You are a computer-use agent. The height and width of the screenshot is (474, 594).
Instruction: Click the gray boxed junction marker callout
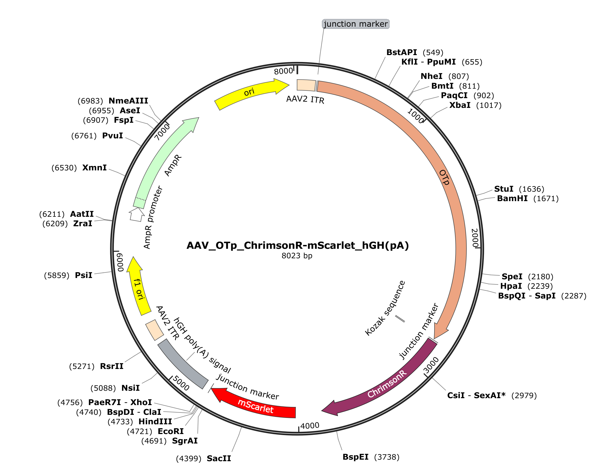[x=355, y=24]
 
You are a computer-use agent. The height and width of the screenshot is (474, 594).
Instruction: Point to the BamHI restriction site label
[x=512, y=199]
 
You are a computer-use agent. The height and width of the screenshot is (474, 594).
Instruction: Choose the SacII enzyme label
[x=219, y=459]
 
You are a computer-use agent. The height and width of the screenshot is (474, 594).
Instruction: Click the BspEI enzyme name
[x=355, y=457]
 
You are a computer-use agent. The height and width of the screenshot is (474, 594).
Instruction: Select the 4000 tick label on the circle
[x=310, y=426]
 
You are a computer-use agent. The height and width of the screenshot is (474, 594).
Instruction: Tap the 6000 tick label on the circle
[x=120, y=262]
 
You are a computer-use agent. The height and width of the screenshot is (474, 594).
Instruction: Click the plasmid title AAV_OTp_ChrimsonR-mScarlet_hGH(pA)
[x=298, y=245]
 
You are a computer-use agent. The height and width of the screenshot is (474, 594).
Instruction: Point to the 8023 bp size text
[x=297, y=256]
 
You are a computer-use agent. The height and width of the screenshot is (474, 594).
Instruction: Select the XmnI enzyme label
[x=94, y=168]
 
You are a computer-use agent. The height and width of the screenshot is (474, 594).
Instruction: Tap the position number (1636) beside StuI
[x=531, y=189]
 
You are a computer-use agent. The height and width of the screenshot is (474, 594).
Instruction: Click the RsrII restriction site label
[x=112, y=366]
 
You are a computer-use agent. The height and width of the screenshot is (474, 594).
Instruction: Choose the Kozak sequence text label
[x=385, y=308]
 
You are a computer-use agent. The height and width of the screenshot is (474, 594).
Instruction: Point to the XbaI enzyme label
[x=460, y=105]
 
